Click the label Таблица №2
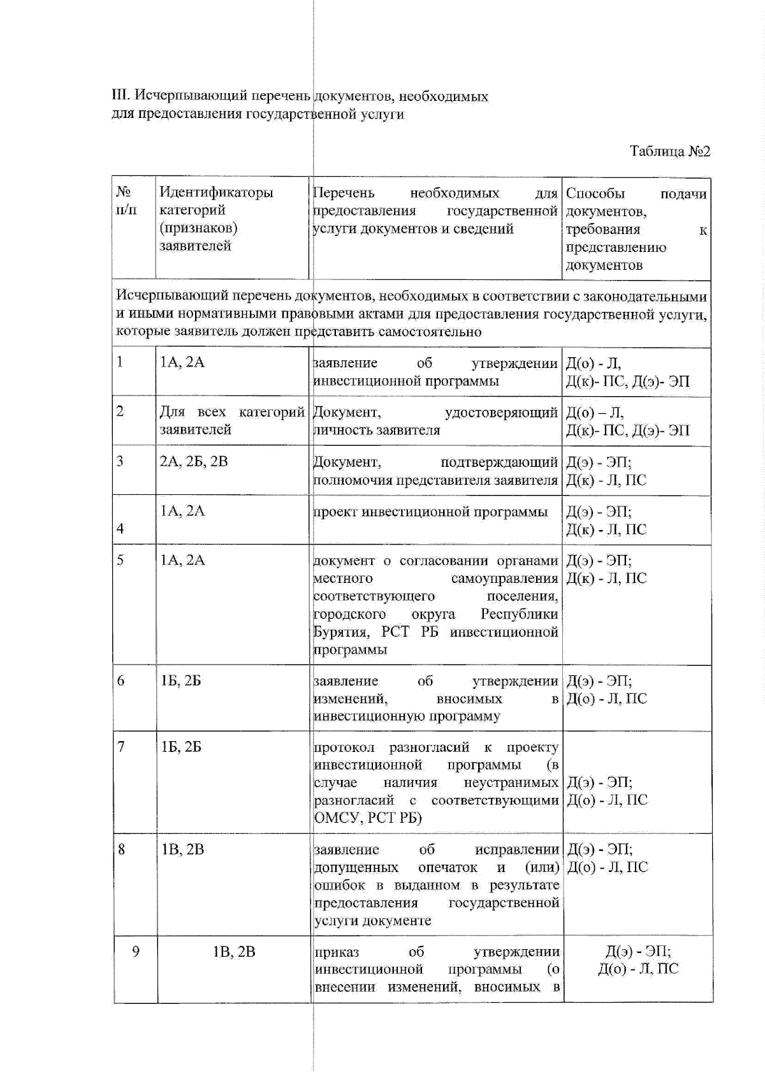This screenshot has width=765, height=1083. click(x=669, y=151)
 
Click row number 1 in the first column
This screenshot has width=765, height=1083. click(x=120, y=362)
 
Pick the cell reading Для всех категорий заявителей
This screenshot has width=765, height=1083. click(x=231, y=421)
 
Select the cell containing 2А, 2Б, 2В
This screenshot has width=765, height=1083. click(x=193, y=461)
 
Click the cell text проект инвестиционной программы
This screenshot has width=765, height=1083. click(x=430, y=512)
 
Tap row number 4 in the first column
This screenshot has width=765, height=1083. click(x=120, y=529)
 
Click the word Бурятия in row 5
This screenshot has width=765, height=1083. click(x=341, y=632)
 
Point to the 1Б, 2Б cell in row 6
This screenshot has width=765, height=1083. click(x=181, y=681)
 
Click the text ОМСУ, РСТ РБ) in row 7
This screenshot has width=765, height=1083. click(x=368, y=818)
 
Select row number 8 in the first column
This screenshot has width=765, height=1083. click(x=121, y=850)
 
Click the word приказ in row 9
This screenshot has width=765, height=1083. click(x=337, y=952)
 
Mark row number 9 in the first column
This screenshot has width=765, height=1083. click(x=135, y=952)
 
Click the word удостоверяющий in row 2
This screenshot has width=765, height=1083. click(x=501, y=413)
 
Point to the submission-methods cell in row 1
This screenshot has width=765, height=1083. click(x=627, y=372)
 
